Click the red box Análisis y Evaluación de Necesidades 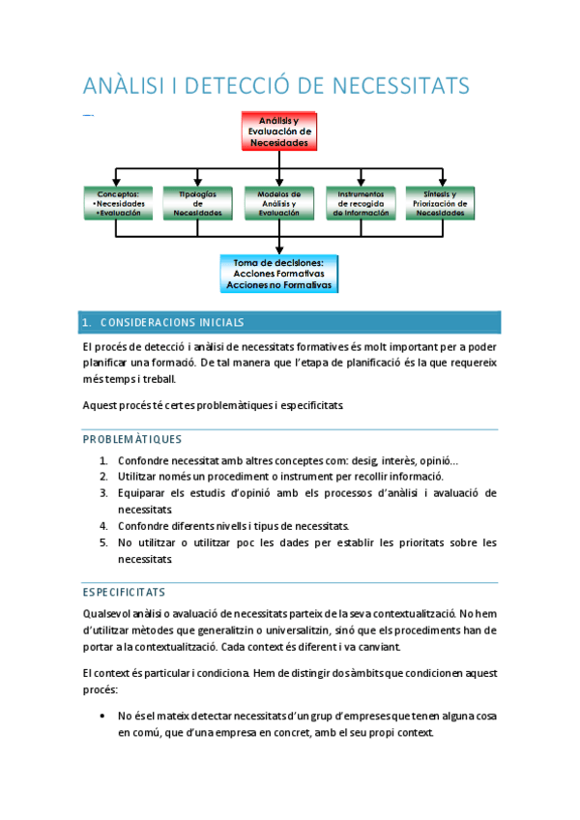point(279,131)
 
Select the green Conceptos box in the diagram point(116,204)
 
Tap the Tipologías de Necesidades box point(197,204)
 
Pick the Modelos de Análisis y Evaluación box point(278,204)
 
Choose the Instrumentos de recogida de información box point(361,204)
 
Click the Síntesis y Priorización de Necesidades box point(441,204)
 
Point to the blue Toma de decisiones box point(279,273)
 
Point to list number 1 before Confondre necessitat point(103,460)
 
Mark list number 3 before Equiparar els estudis point(103,493)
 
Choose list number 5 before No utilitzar point(103,542)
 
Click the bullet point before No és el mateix point(103,717)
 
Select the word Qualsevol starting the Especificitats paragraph point(107,613)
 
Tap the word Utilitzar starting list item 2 point(139,477)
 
